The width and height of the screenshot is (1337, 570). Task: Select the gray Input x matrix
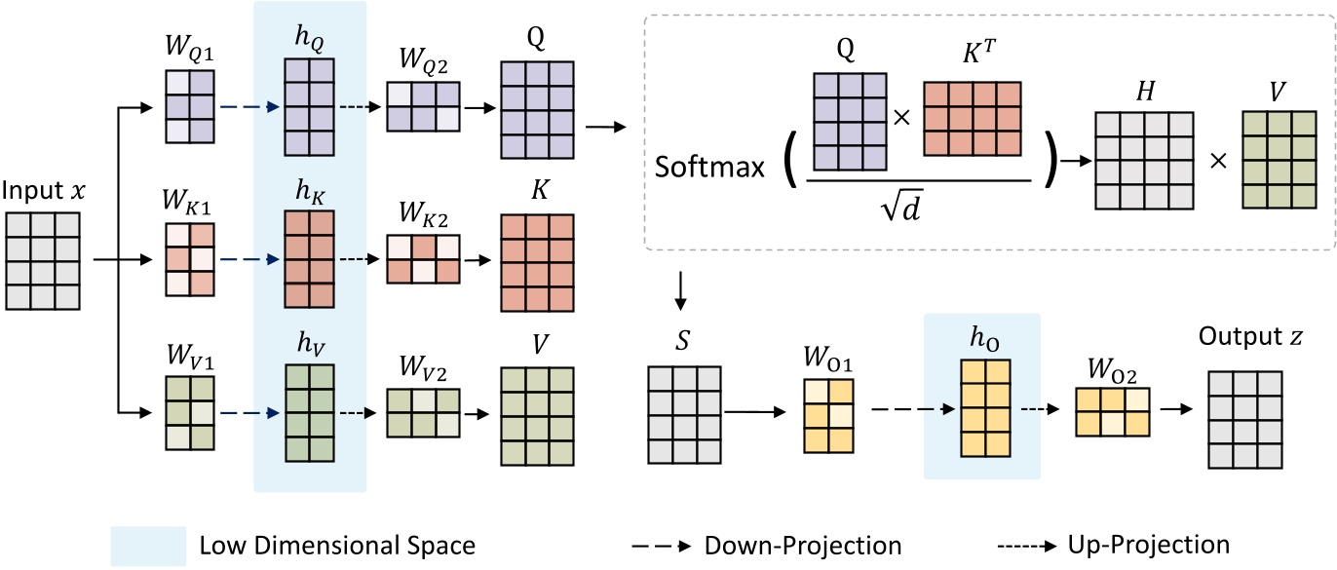45,259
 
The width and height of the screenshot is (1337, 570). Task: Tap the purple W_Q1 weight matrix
189,106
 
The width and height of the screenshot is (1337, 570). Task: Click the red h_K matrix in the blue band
309,259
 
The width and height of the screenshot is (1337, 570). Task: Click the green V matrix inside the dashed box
1280,159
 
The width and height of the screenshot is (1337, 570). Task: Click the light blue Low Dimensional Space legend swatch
148,544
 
